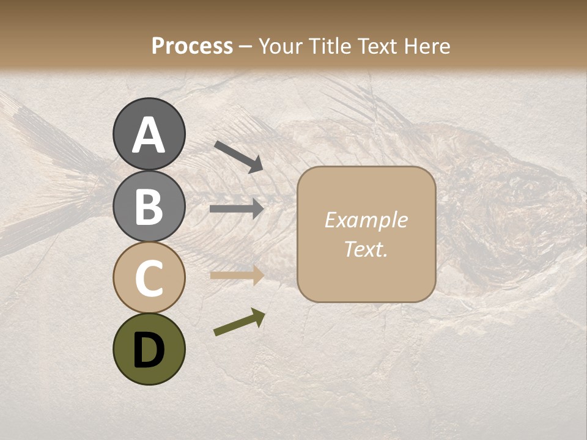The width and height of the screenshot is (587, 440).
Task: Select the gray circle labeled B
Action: tap(149, 206)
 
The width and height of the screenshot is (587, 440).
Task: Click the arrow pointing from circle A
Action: tap(238, 156)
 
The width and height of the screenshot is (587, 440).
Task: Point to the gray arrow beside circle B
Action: tap(237, 209)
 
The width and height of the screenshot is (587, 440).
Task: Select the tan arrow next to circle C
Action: tap(237, 275)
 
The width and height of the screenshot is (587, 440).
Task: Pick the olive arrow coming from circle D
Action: tap(239, 323)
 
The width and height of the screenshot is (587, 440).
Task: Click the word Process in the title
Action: tap(192, 46)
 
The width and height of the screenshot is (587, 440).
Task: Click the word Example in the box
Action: tap(366, 221)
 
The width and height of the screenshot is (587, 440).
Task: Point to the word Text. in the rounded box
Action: tap(366, 249)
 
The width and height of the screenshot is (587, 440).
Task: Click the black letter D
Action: tap(149, 350)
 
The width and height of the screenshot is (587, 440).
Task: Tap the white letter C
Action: tap(149, 279)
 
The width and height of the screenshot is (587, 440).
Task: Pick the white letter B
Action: tap(149, 207)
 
